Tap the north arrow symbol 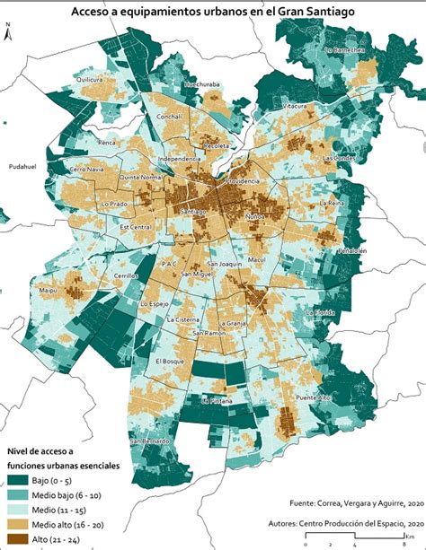pyautogui.click(x=8, y=36)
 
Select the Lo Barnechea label pyautogui.click(x=345, y=51)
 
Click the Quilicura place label pyautogui.click(x=91, y=79)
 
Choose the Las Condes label pyautogui.click(x=340, y=158)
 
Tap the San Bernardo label pyautogui.click(x=149, y=441)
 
